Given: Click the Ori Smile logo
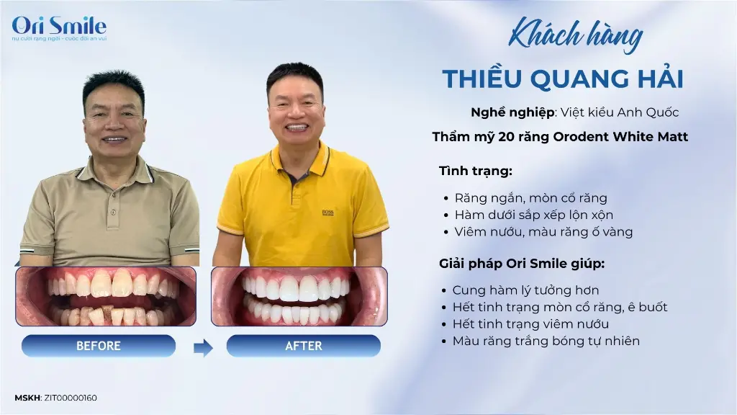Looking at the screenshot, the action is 59,28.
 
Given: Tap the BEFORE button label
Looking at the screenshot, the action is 98,346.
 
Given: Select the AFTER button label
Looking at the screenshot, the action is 304,346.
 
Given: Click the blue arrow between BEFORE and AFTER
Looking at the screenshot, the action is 203,348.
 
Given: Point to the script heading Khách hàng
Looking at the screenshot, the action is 575,35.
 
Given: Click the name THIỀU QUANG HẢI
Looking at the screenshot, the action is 563,79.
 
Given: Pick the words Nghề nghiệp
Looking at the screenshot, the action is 512,112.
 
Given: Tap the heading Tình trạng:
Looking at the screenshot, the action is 476,171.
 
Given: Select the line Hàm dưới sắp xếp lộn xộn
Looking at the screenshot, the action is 534,215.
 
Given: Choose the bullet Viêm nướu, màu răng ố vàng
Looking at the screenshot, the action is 544,232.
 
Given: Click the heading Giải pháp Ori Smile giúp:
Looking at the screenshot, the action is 522,264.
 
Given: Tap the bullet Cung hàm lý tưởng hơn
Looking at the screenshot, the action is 525,290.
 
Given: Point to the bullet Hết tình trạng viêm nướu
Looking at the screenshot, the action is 530,324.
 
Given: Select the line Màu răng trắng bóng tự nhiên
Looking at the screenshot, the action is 546,341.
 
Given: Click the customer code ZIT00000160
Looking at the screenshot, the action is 71,398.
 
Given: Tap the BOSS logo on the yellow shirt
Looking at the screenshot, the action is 327,213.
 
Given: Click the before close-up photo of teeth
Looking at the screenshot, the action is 106,296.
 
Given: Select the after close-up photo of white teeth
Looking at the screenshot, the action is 299,296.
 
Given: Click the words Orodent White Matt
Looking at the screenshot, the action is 620,137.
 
